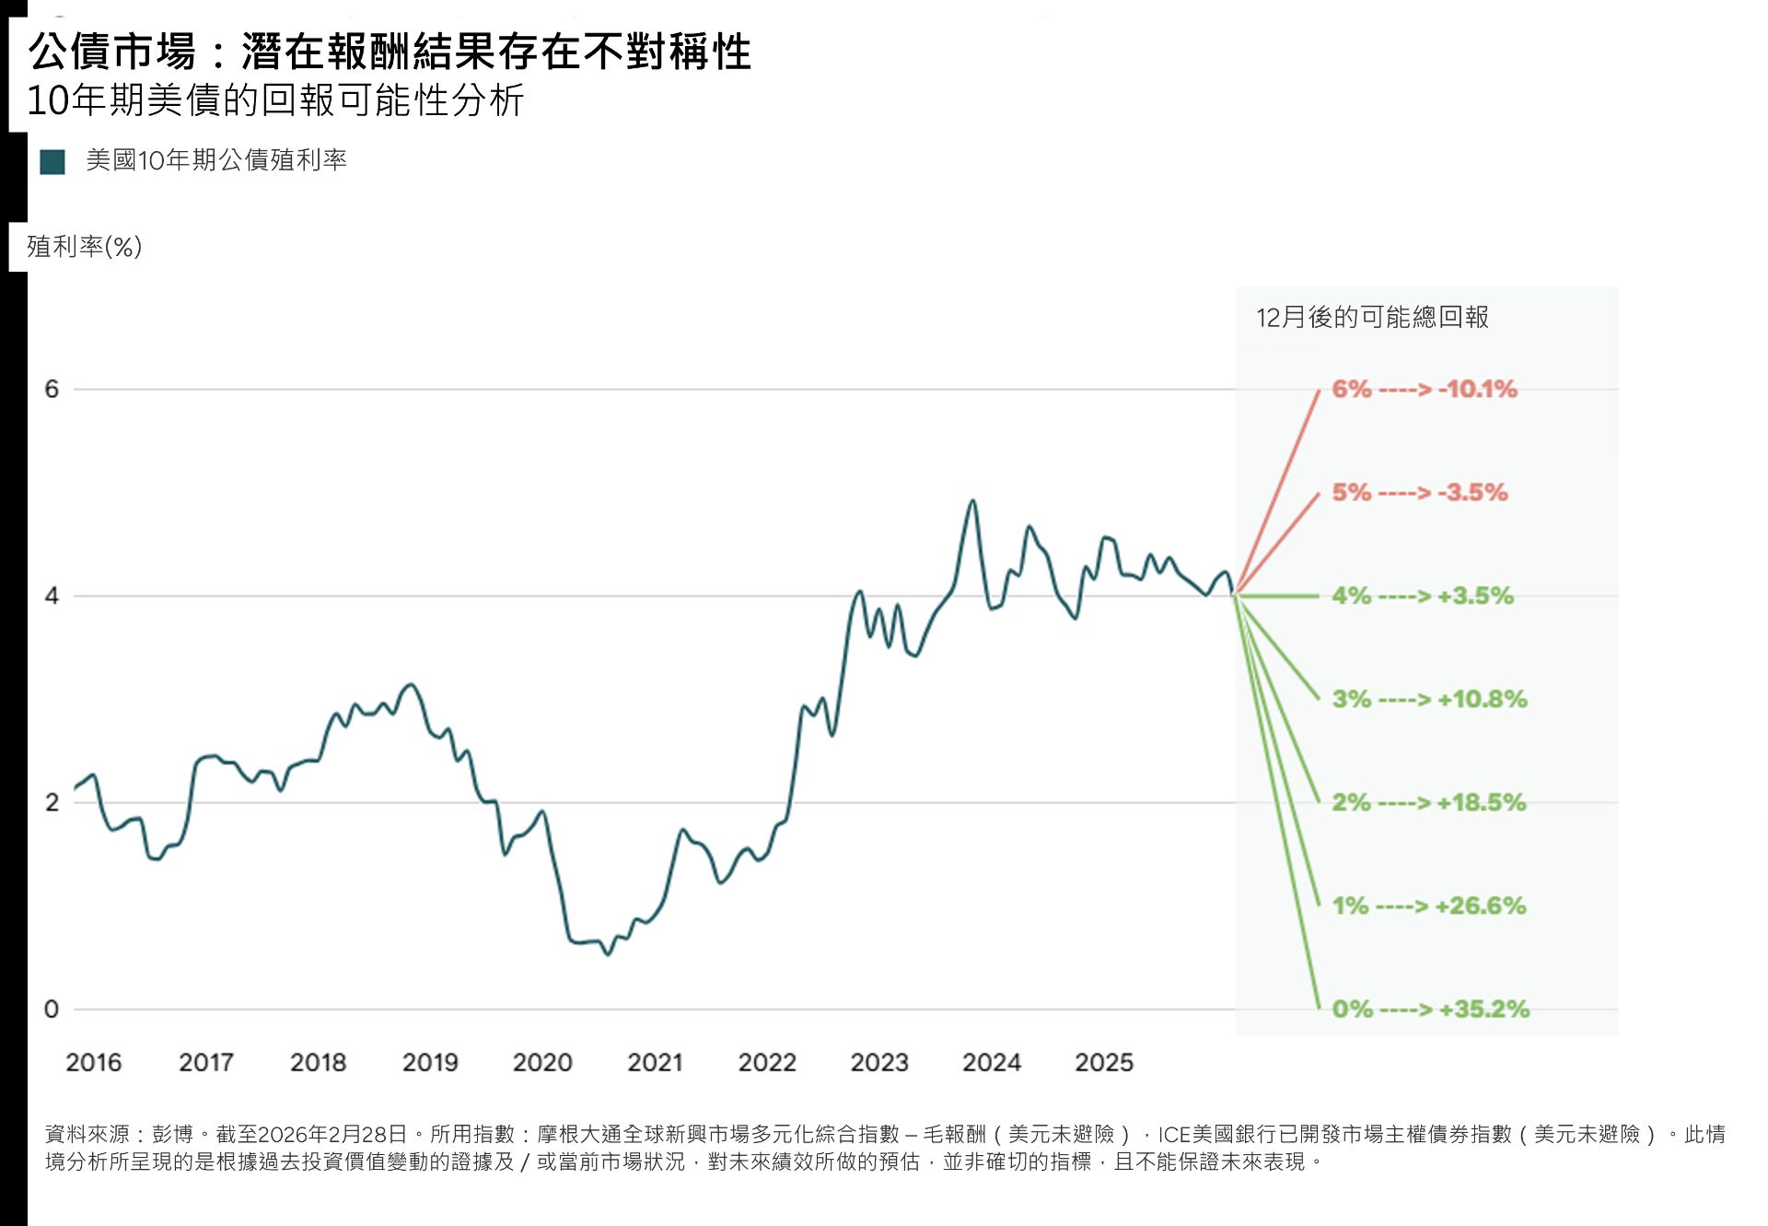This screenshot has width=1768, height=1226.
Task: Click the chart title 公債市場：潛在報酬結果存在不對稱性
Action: pyautogui.click(x=390, y=52)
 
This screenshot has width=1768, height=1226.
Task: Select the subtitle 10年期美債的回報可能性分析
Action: pyautogui.click(x=275, y=100)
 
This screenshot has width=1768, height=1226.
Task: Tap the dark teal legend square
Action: pyautogui.click(x=52, y=162)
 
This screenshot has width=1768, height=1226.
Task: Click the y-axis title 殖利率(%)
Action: pyautogui.click(x=84, y=247)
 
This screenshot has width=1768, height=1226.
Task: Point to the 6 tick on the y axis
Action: pyautogui.click(x=52, y=389)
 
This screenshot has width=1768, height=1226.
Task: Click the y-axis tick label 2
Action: pyautogui.click(x=52, y=802)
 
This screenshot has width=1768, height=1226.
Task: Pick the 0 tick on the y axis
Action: pyautogui.click(x=52, y=1010)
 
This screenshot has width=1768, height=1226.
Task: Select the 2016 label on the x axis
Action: pyautogui.click(x=93, y=1063)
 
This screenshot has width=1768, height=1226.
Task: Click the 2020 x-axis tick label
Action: pyautogui.click(x=542, y=1063)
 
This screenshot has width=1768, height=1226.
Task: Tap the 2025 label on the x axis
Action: pyautogui.click(x=1104, y=1063)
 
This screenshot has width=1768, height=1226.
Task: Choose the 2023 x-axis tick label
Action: pyautogui.click(x=879, y=1063)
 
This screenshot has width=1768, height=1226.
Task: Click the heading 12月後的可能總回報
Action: pyautogui.click(x=1372, y=318)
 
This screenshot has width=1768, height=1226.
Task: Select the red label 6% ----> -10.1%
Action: pyautogui.click(x=1425, y=389)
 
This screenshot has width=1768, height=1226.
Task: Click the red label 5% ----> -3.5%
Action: pyautogui.click(x=1420, y=492)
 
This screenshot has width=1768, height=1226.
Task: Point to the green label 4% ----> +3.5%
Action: pyautogui.click(x=1423, y=596)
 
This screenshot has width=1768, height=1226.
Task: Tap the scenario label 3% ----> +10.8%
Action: pyautogui.click(x=1429, y=699)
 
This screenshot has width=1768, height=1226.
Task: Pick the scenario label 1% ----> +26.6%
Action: pyautogui.click(x=1429, y=905)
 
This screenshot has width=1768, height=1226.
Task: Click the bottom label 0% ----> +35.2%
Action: pyautogui.click(x=1431, y=1010)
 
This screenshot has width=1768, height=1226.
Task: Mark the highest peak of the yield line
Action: pyautogui.click(x=971, y=501)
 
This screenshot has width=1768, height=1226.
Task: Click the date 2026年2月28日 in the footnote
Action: pyautogui.click(x=332, y=1134)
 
